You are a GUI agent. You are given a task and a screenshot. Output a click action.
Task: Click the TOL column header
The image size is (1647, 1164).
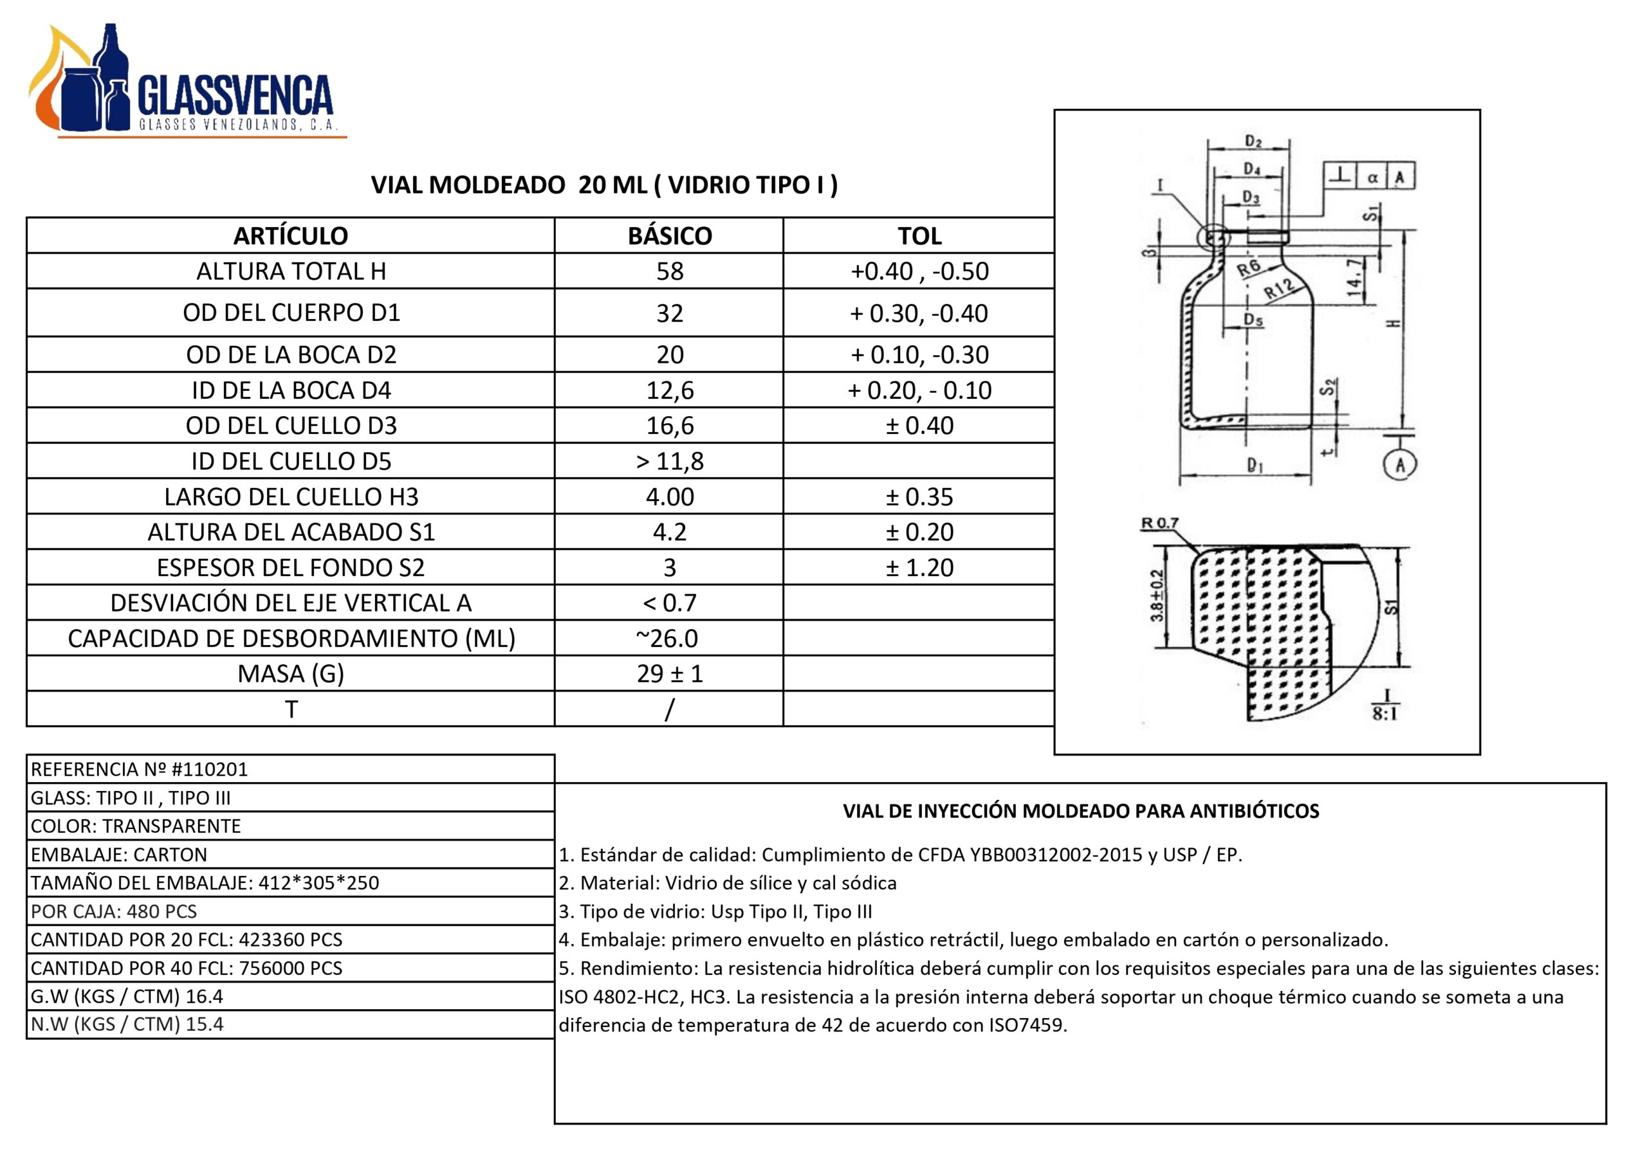point(919,236)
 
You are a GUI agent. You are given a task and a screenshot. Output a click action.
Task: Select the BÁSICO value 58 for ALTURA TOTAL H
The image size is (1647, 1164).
point(669,271)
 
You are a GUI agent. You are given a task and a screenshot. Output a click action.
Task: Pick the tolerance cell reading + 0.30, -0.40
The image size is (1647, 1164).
point(919,313)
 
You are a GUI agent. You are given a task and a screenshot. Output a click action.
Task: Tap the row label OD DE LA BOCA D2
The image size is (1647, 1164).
point(291,354)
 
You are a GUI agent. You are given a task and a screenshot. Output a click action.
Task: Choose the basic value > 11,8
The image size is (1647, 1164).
point(669,461)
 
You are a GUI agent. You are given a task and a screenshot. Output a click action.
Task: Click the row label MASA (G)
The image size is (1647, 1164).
point(291,673)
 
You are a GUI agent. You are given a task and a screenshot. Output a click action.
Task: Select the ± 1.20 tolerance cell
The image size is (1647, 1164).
point(919,568)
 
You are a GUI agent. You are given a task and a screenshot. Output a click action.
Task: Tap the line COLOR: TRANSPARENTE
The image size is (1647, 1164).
point(136,826)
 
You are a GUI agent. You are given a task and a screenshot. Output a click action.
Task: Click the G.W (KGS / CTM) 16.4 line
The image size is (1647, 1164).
point(126,996)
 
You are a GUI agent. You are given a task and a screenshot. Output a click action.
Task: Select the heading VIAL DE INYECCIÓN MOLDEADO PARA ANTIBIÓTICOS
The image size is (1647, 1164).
point(1080,811)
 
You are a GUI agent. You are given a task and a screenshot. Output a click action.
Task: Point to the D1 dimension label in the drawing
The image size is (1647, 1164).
point(1255,466)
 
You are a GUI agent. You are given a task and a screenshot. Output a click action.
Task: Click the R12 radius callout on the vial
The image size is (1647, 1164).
point(1279,287)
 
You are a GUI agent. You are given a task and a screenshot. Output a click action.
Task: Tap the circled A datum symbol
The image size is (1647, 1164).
point(1399,466)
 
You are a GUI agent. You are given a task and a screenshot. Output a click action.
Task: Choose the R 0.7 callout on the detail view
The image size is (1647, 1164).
point(1159,523)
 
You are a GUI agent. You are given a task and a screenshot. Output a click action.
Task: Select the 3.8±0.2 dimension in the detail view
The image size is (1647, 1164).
point(1157,596)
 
